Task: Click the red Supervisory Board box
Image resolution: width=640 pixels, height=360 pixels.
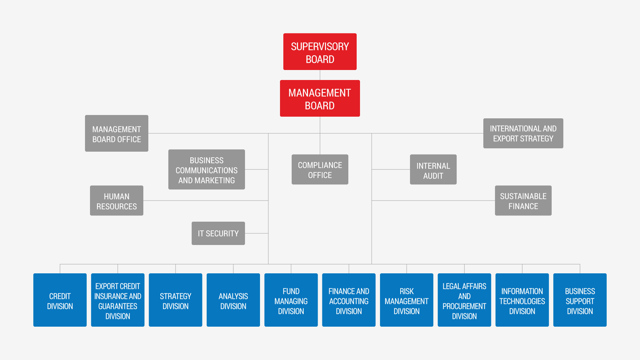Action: click(320, 52)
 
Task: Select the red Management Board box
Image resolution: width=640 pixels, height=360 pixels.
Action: click(320, 98)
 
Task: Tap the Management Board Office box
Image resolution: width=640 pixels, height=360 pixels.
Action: click(117, 133)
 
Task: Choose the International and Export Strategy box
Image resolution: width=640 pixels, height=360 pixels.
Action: click(523, 133)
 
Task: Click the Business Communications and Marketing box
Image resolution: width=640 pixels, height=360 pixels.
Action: click(207, 169)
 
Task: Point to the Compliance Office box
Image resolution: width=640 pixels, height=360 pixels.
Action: click(320, 169)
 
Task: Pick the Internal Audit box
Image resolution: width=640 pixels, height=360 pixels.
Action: click(433, 169)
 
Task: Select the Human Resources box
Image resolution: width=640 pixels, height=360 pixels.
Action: click(117, 201)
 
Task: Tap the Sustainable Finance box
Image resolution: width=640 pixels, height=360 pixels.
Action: click(523, 201)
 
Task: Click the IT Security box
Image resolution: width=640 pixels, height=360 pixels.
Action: click(218, 233)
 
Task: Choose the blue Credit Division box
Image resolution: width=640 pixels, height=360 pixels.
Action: click(60, 300)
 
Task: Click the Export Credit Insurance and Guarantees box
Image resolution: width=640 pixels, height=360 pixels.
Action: click(118, 300)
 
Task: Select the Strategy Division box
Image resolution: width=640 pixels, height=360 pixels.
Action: click(176, 300)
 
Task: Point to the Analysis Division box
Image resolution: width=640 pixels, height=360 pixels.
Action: click(233, 300)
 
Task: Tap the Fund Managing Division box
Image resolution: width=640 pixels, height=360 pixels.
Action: click(291, 300)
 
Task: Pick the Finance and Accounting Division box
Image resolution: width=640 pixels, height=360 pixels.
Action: click(349, 300)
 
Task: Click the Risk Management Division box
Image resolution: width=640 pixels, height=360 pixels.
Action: click(407, 300)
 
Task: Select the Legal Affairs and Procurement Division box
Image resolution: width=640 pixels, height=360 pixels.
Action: click(464, 300)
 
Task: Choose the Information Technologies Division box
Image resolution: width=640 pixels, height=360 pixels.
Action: click(522, 300)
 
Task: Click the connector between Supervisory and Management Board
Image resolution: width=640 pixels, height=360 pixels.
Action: click(320, 75)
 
